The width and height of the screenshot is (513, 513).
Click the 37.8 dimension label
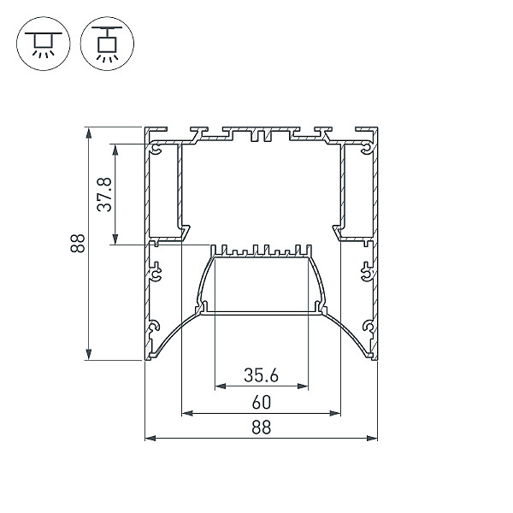(104, 194)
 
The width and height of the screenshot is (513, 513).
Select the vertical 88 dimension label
(78, 243)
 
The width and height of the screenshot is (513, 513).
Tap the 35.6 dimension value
(261, 375)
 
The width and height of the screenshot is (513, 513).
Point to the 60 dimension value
(262, 403)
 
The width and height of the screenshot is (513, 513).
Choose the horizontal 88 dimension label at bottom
(262, 427)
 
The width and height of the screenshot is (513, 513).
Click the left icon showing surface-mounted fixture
(44, 44)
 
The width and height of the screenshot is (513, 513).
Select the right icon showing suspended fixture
(107, 44)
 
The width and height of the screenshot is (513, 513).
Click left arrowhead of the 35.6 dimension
(221, 386)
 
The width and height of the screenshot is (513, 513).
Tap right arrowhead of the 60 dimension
(335, 414)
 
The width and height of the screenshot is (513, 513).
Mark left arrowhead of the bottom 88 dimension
(150, 438)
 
